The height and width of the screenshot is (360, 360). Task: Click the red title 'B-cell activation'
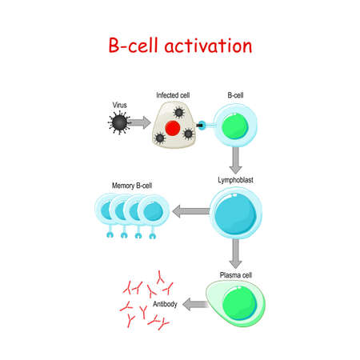pos(180,46)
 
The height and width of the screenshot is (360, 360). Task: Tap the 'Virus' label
pos(119,105)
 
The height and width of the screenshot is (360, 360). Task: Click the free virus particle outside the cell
pos(119,122)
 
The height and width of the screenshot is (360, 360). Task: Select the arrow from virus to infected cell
pos(140,122)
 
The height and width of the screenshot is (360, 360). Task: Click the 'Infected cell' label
pos(173,95)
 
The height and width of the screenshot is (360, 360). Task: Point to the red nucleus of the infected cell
pos(173,128)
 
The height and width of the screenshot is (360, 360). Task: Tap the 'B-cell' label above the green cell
pos(235,95)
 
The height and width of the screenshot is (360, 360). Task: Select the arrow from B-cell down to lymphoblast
pos(236,160)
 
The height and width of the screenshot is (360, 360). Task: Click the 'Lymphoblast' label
pos(235,180)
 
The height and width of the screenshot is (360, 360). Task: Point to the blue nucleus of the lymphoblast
pos(235,214)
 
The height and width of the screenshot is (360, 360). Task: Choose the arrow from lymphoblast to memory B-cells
pos(191,211)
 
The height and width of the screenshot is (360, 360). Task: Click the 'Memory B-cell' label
pos(132,186)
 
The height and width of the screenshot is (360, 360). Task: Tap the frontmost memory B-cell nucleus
pos(153,212)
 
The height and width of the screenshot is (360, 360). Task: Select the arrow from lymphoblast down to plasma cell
pos(235,254)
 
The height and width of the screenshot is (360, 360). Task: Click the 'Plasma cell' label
pos(236,275)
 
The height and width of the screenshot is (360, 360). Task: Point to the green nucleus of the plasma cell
pos(239,303)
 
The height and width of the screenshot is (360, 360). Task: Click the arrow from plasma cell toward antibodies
pos(195,304)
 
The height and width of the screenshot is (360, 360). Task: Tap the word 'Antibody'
pos(165,304)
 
